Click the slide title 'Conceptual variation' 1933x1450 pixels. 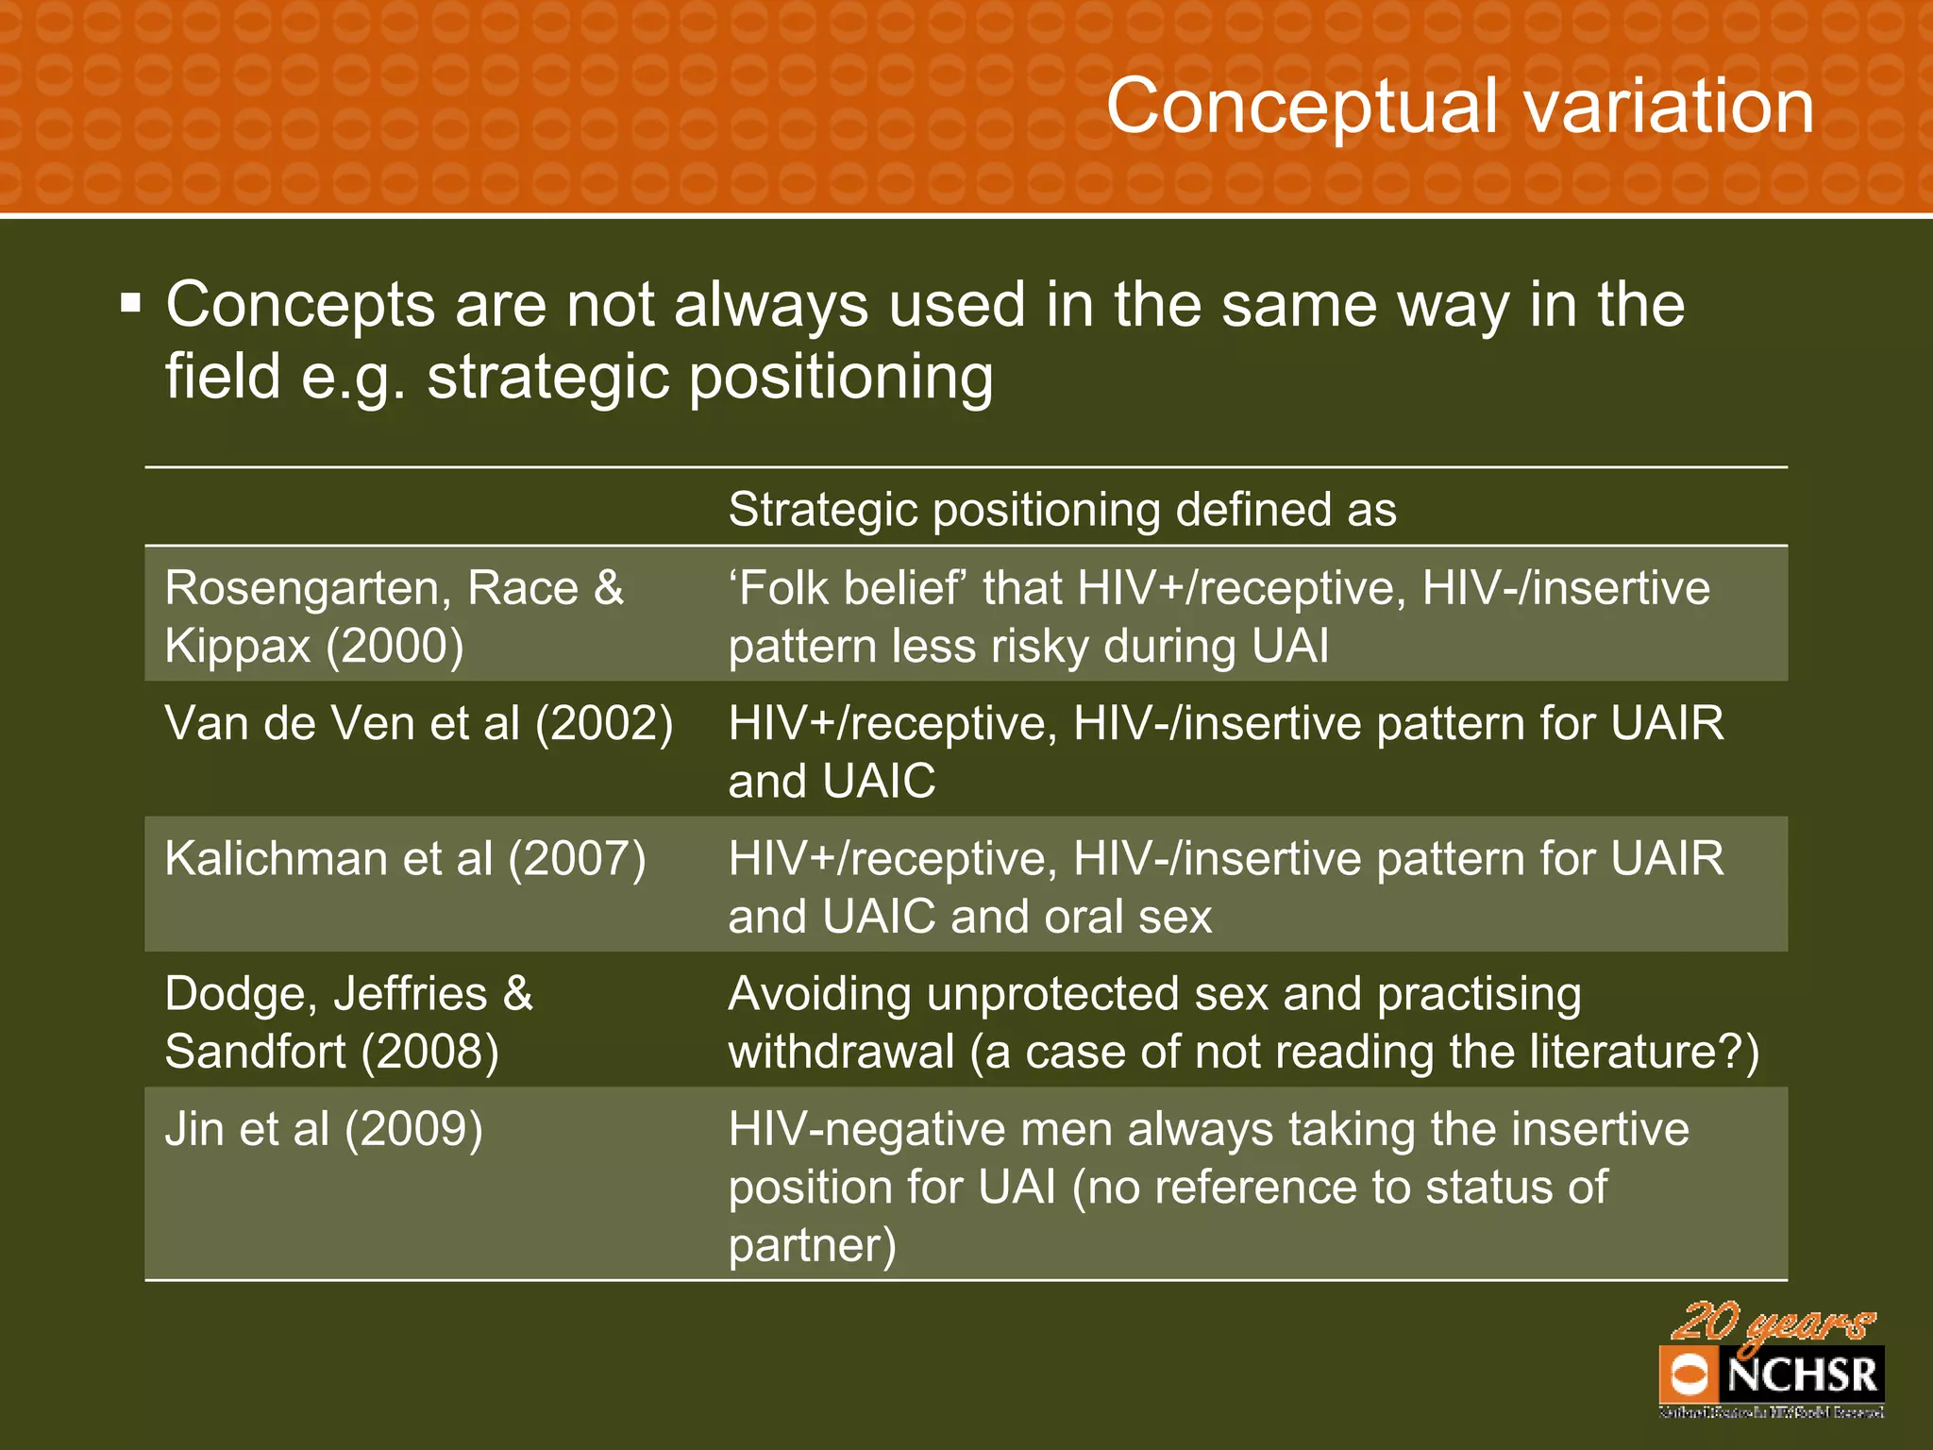(1459, 106)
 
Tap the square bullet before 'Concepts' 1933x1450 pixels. (131, 304)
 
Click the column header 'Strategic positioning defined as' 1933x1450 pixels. (1062, 510)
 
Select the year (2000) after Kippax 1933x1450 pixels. (395, 647)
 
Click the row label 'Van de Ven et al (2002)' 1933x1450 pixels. (419, 724)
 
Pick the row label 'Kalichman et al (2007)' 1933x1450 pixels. (406, 859)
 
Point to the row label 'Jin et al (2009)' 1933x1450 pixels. (324, 1129)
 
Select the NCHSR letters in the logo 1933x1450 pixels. (1802, 1374)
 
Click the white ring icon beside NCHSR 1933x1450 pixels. (1689, 1374)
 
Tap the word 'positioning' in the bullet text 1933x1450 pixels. (841, 378)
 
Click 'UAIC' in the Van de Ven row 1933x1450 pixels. (879, 783)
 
